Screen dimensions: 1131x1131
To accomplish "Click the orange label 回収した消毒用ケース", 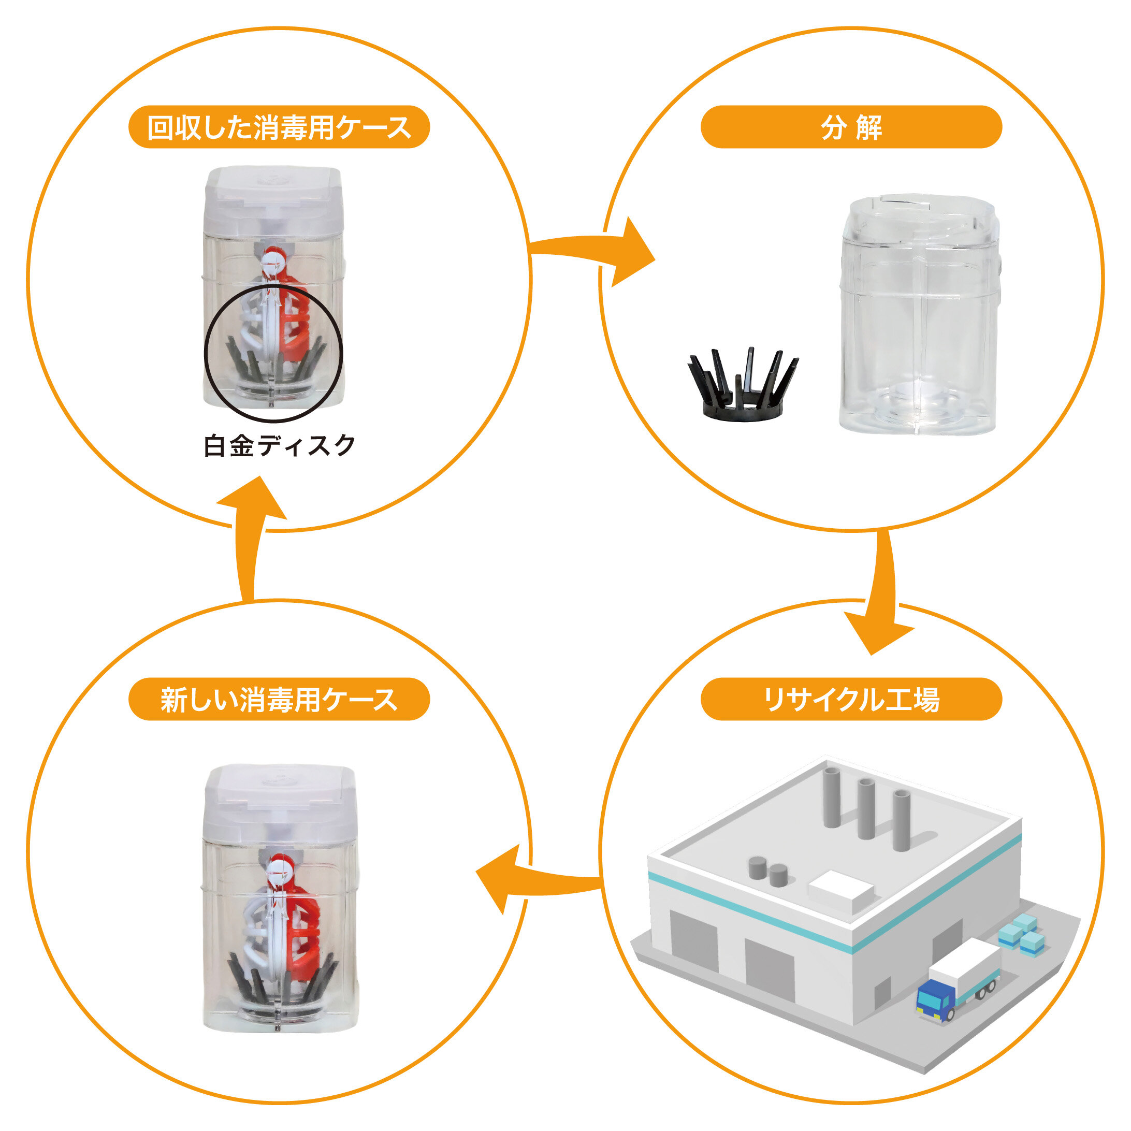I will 279,127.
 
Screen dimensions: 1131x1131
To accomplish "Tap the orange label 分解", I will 851,127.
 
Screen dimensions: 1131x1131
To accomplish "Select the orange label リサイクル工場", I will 851,700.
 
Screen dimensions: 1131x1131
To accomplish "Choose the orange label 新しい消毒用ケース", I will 279,700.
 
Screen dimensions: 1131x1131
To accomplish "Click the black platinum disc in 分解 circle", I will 742,386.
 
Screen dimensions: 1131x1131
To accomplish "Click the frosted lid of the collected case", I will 273,202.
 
